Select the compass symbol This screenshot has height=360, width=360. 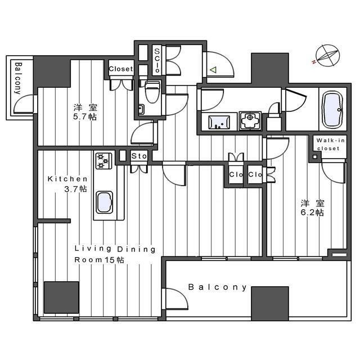coord(327,56)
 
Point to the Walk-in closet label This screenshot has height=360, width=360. coord(330,145)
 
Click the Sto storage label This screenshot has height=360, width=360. coord(139,156)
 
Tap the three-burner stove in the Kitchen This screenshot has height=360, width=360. coord(103,161)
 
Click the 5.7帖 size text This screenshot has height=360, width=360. coord(85,117)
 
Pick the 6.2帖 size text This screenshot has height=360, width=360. coord(313,213)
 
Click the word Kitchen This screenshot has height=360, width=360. coord(67,179)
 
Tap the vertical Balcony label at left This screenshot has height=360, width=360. coord(17,79)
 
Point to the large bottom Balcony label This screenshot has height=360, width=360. coord(218,287)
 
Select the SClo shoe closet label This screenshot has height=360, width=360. coord(157,60)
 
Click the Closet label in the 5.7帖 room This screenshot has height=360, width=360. coord(121,69)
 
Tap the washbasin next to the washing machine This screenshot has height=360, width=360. coord(219,122)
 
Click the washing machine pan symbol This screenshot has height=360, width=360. coord(250,121)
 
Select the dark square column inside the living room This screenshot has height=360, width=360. coord(61,298)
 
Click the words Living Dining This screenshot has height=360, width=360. coord(115,249)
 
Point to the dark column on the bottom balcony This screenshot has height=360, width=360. coord(270,304)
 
